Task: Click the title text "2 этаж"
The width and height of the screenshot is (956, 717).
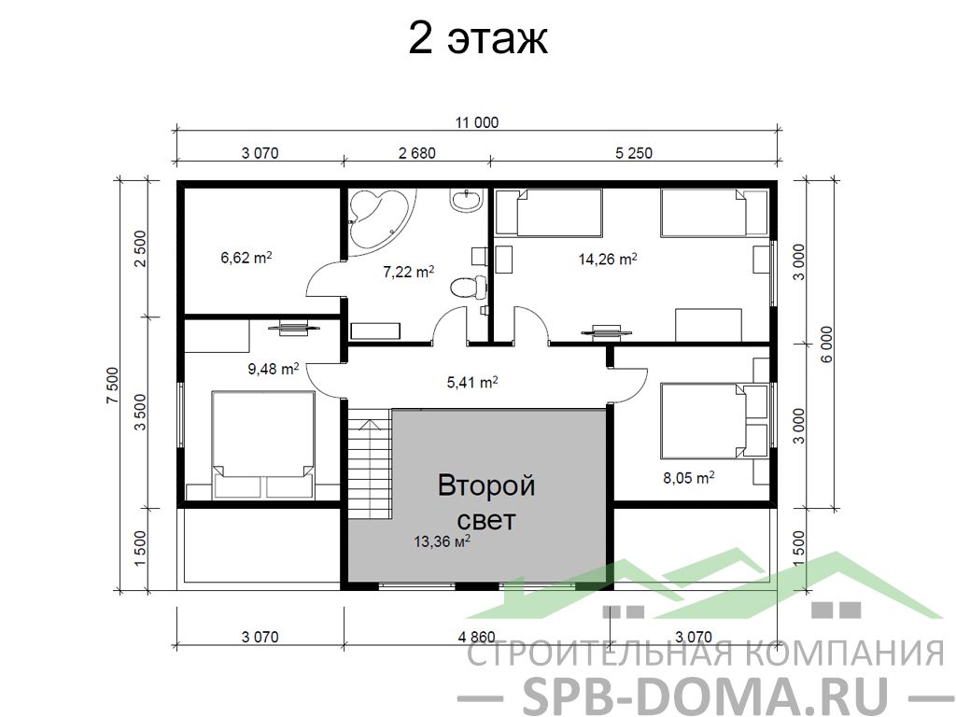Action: pyautogui.click(x=477, y=38)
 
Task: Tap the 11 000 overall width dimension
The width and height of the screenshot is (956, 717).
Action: pyautogui.click(x=477, y=122)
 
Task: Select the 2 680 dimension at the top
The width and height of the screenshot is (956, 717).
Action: pyautogui.click(x=417, y=152)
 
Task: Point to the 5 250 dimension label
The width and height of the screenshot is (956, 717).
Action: pyautogui.click(x=634, y=152)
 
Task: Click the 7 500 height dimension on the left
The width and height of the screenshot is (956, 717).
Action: pyautogui.click(x=113, y=386)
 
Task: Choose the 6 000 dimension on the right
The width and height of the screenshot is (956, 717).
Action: pyautogui.click(x=826, y=344)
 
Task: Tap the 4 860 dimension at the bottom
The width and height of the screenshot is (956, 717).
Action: pyautogui.click(x=477, y=637)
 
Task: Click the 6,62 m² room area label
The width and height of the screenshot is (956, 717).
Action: pyautogui.click(x=246, y=258)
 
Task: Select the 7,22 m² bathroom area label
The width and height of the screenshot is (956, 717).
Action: pyautogui.click(x=409, y=272)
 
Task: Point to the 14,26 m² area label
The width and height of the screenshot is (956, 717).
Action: pyautogui.click(x=608, y=260)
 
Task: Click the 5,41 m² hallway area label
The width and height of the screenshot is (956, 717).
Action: pyautogui.click(x=472, y=382)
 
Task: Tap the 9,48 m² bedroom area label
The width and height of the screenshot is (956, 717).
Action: pyautogui.click(x=274, y=368)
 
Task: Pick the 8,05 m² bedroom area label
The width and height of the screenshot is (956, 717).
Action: pyautogui.click(x=689, y=477)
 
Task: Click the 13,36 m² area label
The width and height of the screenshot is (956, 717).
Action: pyautogui.click(x=442, y=541)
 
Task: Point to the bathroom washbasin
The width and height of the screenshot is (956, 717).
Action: pyautogui.click(x=467, y=201)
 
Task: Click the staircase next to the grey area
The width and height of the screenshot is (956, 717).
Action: pyautogui.click(x=370, y=463)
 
